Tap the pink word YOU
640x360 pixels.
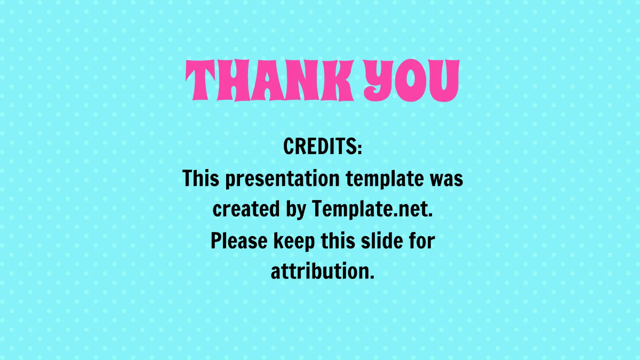tap(410, 82)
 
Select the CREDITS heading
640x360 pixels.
tap(323, 146)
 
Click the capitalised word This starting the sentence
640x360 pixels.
tap(201, 178)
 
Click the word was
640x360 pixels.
tap(446, 179)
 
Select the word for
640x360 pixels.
tap(420, 241)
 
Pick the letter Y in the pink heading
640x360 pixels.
tap(380, 82)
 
